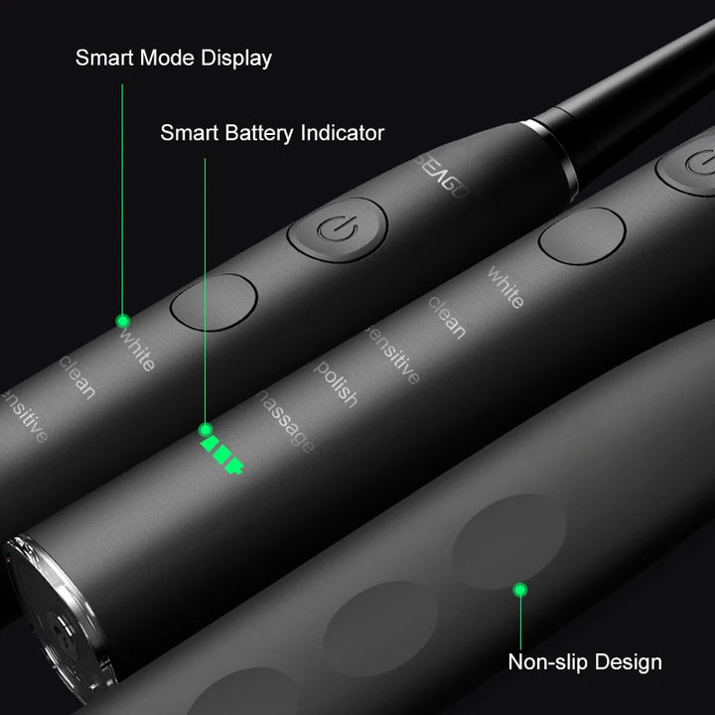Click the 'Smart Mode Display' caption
click(173, 59)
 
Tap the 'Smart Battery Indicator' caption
click(272, 132)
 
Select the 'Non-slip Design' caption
click(585, 661)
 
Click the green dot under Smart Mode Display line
click(122, 321)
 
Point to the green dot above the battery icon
click(206, 430)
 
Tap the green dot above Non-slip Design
click(519, 590)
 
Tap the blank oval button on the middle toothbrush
click(581, 235)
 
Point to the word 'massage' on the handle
click(286, 422)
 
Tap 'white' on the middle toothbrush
click(504, 286)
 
